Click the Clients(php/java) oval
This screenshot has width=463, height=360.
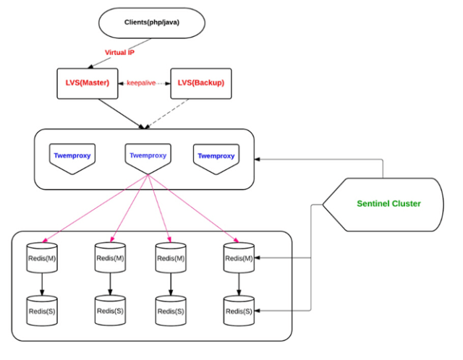[x=152, y=23]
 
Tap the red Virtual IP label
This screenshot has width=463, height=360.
[x=119, y=53]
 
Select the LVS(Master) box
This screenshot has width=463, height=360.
[x=88, y=84]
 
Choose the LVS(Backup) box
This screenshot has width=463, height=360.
[x=201, y=84]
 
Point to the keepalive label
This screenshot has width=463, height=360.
[x=141, y=83]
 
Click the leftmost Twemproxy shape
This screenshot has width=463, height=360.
[x=72, y=158]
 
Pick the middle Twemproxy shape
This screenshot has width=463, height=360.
[x=148, y=158]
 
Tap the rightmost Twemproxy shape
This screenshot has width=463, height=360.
[x=216, y=159]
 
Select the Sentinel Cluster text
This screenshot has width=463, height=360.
[x=388, y=204]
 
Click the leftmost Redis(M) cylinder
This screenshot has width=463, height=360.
[x=42, y=257]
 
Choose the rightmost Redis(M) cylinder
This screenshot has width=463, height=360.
[x=239, y=257]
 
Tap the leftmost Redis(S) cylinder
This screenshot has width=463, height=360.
[x=42, y=311]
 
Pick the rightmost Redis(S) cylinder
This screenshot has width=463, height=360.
[x=239, y=311]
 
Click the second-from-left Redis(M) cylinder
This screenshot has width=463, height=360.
[x=110, y=257]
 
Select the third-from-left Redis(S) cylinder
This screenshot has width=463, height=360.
[x=171, y=311]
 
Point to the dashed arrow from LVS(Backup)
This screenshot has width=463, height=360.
[x=167, y=113]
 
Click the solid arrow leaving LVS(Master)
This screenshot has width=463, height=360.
[x=122, y=113]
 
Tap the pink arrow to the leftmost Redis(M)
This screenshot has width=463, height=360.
[x=95, y=209]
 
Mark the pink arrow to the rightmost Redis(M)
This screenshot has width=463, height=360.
[x=193, y=209]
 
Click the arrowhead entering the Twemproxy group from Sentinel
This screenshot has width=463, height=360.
[x=257, y=159]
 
